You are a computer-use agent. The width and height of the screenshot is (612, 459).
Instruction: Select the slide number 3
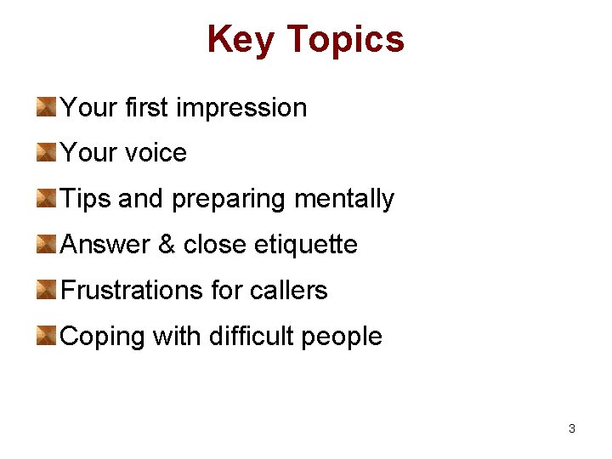(571, 428)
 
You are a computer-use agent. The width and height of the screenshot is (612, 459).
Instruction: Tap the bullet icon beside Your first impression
(47, 107)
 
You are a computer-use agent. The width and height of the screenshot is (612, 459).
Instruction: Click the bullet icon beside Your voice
(47, 153)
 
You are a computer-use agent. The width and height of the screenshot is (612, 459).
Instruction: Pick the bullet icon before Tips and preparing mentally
(47, 199)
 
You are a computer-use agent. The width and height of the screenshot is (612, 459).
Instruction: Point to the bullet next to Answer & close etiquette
(47, 245)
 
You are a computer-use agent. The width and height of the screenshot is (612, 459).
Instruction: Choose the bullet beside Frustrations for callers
(47, 291)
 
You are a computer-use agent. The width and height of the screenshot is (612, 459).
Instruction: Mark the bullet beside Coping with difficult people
(47, 337)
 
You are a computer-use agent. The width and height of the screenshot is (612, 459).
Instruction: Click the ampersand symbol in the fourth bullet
(166, 245)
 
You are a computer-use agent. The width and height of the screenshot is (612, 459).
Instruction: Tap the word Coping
(103, 337)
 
